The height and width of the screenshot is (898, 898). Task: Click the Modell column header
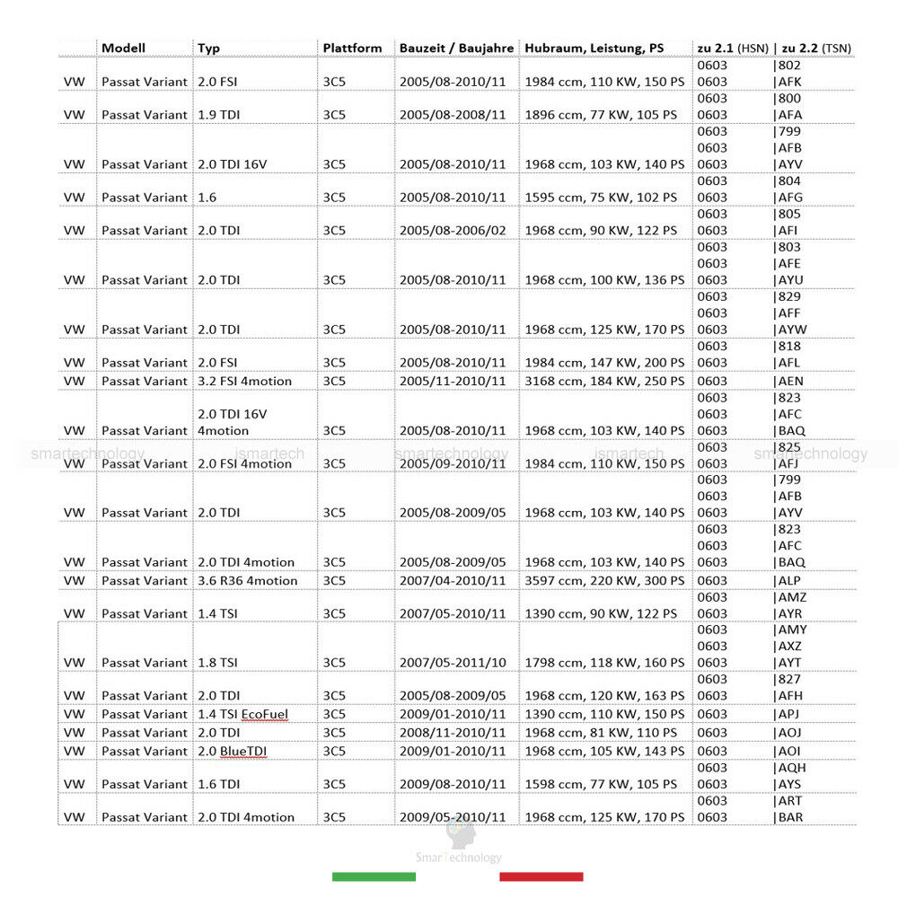pos(123,48)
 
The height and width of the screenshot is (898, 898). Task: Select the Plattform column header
pos(352,48)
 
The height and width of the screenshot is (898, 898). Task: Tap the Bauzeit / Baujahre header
pos(456,48)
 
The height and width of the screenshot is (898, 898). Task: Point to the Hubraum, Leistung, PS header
pos(594,48)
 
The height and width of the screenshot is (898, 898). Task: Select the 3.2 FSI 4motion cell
pos(244,381)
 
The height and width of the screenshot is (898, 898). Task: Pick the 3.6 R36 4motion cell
pos(247,581)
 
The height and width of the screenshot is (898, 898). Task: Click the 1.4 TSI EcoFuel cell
pos(242,714)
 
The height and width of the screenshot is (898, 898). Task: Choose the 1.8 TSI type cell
pos(217,663)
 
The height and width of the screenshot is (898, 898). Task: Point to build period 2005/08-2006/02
pos(453,231)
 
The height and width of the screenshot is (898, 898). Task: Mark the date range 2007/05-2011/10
pos(453,663)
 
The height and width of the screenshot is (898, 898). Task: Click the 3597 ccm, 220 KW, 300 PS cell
pos(604,581)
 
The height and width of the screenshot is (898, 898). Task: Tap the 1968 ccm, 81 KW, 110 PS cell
pos(601,733)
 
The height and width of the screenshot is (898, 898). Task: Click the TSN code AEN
pos(790,381)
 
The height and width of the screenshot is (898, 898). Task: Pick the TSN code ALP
pos(788,581)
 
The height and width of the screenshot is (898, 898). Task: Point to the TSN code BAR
pos(789,817)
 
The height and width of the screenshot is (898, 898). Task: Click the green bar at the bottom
pos(374,876)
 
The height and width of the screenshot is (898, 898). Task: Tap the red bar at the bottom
pos(541,876)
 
